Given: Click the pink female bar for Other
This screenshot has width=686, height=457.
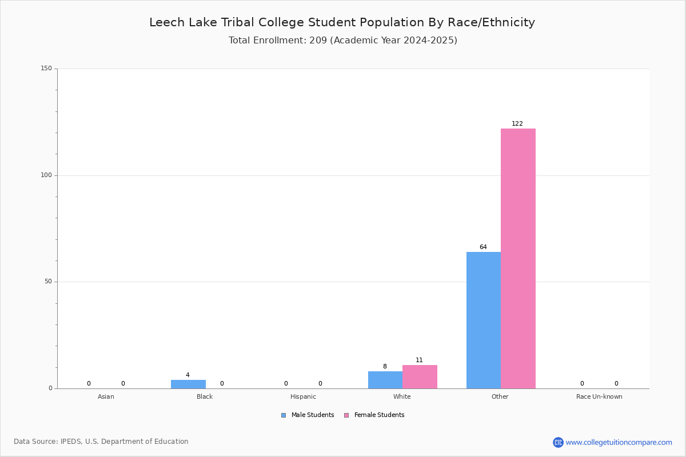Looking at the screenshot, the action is [518, 259].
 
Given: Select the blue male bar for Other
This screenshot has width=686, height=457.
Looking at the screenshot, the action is [484, 320].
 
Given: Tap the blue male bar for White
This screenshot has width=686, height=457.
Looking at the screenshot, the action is [385, 380].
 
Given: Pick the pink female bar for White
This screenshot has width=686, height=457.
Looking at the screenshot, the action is [420, 377].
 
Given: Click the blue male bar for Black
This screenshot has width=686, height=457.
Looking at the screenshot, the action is [188, 384].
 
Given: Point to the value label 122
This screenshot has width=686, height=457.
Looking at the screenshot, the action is [517, 123].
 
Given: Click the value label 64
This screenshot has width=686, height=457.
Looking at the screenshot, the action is [483, 247].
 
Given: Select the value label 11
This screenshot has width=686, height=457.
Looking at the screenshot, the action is [419, 360].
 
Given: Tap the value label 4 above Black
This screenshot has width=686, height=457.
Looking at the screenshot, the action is [188, 375].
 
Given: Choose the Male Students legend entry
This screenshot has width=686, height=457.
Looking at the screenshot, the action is [308, 415].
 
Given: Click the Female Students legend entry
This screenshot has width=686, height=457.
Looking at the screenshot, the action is [374, 415].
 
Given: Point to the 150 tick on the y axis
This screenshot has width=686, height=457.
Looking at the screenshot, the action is [46, 68].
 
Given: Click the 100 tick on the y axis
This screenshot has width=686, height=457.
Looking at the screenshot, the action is [46, 175].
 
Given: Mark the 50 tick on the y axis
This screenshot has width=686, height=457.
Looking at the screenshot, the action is [49, 282].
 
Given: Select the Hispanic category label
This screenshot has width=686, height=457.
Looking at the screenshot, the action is [303, 396].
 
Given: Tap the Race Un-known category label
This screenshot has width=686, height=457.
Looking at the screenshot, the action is [599, 396].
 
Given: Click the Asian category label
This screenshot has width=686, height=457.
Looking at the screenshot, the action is [106, 396].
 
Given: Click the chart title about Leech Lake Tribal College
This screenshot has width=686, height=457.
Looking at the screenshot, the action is [342, 22].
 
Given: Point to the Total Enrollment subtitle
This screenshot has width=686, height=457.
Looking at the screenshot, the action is [343, 40].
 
